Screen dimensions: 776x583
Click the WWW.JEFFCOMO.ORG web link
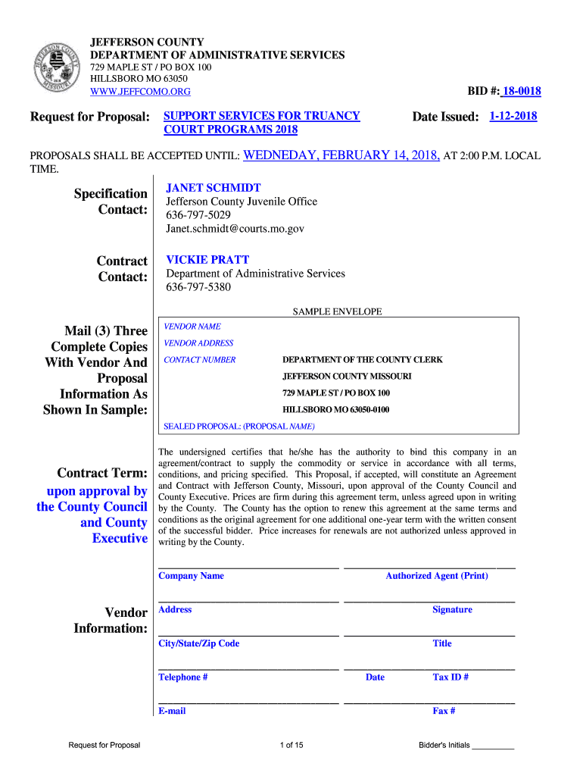[x=140, y=92]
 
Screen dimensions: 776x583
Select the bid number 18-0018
[x=522, y=92]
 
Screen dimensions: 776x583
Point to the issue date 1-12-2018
[x=513, y=116]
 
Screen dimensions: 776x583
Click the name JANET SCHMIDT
[x=214, y=187]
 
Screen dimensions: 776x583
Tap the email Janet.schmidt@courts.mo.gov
[x=235, y=229]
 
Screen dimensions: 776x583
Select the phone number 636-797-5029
[x=198, y=215]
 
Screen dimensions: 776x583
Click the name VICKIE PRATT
[x=207, y=259]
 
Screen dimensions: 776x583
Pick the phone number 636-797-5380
[x=198, y=287]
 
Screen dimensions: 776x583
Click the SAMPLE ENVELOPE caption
[x=337, y=311]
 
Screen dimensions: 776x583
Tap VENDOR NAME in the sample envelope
[x=192, y=327]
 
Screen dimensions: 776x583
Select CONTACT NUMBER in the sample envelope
[x=200, y=360]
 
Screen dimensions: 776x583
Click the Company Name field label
[x=191, y=576]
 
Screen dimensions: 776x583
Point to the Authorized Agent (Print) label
[x=437, y=576]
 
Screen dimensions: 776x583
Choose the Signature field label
[x=452, y=609]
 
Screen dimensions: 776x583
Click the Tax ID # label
[x=450, y=677]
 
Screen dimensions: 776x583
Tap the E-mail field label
[x=172, y=711]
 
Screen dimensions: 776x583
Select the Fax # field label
[x=444, y=711]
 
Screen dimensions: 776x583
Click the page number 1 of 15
[x=291, y=745]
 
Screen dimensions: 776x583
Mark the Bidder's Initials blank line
[x=493, y=747]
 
